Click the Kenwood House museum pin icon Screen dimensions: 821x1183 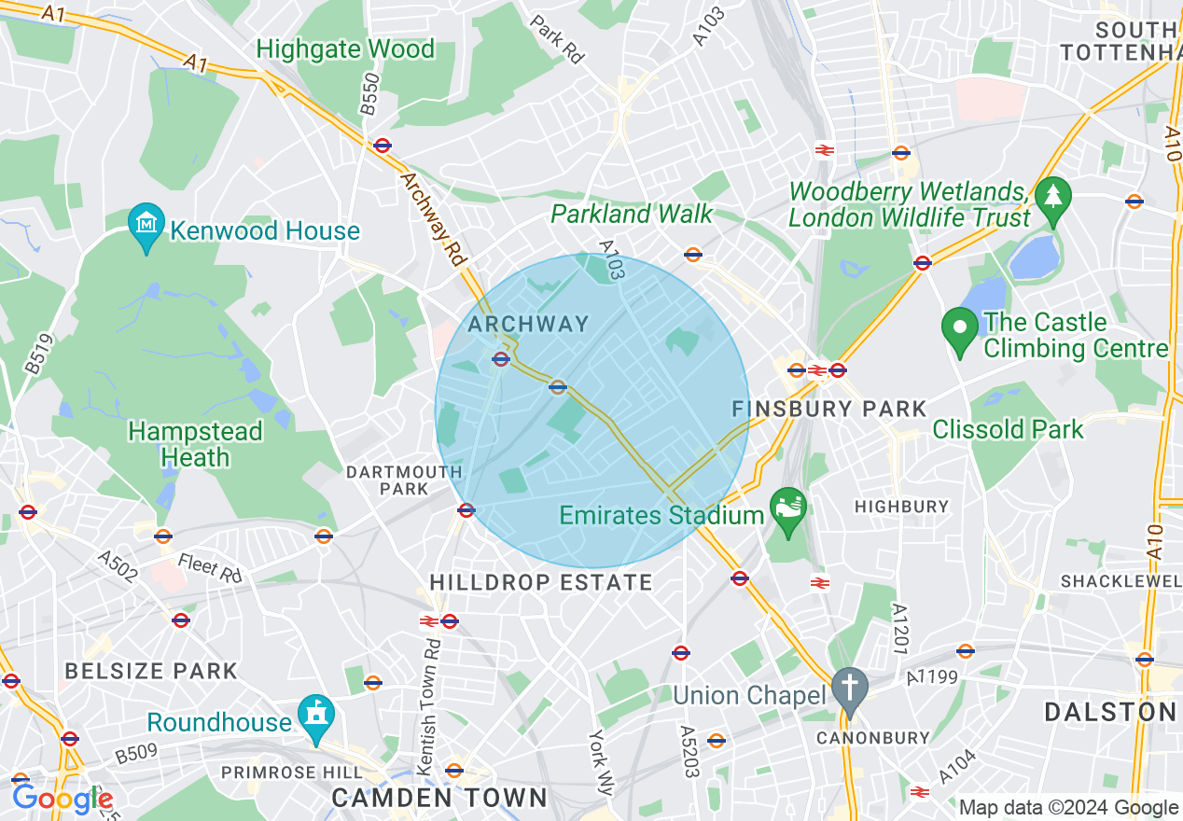pos(146,226)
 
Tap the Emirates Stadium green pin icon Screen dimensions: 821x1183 pos(788,510)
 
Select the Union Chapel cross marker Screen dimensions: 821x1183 pos(849,689)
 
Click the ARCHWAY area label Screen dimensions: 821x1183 pos(528,324)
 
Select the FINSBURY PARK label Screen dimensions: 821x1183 pos(829,409)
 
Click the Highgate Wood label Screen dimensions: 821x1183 pos(345,49)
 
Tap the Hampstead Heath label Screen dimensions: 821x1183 pos(195,444)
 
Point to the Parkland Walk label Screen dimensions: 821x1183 pos(632,214)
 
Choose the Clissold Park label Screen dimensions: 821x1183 pos(1008,430)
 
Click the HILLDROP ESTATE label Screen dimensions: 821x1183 pos(541,582)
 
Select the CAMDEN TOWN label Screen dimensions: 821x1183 pos(438,798)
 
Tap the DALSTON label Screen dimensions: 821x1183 pos(1110,712)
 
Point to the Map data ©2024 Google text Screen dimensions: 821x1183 pos(1068,808)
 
